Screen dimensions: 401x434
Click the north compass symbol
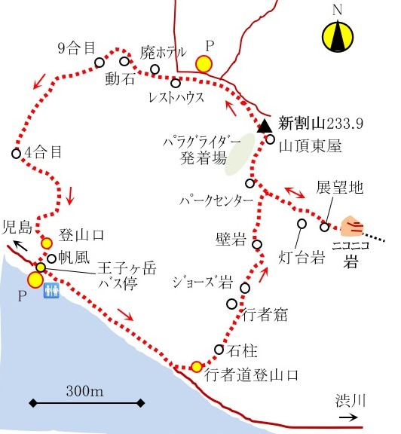(x=338, y=36)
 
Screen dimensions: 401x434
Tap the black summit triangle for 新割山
(x=265, y=127)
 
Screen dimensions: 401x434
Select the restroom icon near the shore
(x=51, y=290)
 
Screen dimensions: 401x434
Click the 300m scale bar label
(x=84, y=391)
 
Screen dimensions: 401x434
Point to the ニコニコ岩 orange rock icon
(x=352, y=226)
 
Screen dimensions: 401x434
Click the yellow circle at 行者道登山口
(x=197, y=367)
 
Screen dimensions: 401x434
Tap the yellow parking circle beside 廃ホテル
(x=204, y=64)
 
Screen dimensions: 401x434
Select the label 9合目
(x=76, y=48)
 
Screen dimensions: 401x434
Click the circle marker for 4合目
(x=17, y=153)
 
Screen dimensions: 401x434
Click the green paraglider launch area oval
(x=240, y=154)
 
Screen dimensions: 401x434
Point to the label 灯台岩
(x=302, y=257)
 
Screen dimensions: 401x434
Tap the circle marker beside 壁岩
(x=257, y=244)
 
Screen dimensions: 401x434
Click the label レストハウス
(x=176, y=97)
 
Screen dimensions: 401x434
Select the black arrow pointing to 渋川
(x=348, y=417)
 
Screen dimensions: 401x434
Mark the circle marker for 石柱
(x=219, y=350)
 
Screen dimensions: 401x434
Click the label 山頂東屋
(x=310, y=146)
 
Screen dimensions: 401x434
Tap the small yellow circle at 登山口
(x=47, y=243)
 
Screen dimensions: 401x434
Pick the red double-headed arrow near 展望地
(x=295, y=193)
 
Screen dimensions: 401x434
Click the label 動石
(x=120, y=78)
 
